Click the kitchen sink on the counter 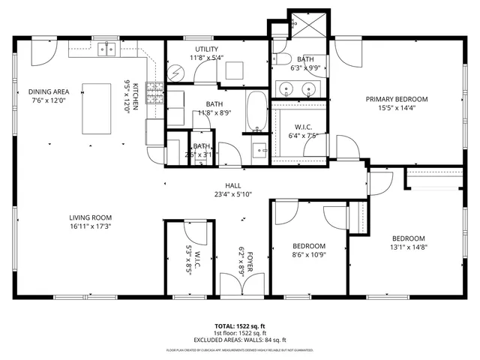pos(109,49)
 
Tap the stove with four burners pos(156,93)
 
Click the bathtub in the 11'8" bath pos(256,111)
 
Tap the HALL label pos(232,185)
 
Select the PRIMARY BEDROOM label pos(396,99)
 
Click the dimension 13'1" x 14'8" pos(409,247)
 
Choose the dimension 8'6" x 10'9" pos(308,254)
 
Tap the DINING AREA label pos(49,91)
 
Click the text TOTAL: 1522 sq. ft pos(239,325)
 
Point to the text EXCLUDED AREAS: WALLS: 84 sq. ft pos(239,340)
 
